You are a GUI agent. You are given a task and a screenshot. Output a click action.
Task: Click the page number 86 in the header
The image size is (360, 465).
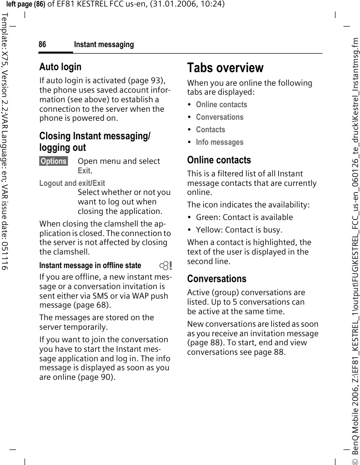click(x=43, y=45)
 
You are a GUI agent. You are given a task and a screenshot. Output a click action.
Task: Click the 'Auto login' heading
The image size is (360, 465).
click(x=60, y=67)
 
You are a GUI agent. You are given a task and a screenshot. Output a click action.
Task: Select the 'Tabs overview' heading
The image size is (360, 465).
click(x=225, y=68)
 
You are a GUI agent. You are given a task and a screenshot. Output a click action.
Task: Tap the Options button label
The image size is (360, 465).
click(x=54, y=161)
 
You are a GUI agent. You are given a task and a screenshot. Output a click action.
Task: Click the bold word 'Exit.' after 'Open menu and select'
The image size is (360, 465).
click(x=85, y=171)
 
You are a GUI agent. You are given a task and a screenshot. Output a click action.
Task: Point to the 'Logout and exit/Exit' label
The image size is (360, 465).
click(x=72, y=183)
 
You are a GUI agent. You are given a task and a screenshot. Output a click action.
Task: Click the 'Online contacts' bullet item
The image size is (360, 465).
click(x=221, y=105)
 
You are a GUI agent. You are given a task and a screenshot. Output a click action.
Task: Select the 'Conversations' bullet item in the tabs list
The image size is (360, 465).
click(x=219, y=117)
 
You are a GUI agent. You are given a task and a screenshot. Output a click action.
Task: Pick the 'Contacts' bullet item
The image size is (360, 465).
click(x=210, y=130)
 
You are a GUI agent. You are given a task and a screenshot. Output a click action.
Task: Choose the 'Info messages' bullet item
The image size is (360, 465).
click(x=219, y=142)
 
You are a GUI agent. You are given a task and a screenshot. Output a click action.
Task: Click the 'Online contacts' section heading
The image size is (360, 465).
click(x=219, y=160)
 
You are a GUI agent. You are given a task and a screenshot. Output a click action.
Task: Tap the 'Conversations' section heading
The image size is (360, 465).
click(x=216, y=279)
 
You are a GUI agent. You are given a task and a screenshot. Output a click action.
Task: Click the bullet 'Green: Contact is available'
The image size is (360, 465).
click(x=244, y=217)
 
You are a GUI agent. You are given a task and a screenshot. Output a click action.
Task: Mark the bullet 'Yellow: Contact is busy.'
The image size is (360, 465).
click(x=239, y=230)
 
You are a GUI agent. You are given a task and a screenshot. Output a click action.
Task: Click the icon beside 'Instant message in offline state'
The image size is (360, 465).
click(x=164, y=266)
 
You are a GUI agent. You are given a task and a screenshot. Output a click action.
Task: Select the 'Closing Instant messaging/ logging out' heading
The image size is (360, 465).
click(x=94, y=142)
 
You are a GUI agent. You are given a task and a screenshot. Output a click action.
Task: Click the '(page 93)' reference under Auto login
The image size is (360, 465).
click(x=148, y=80)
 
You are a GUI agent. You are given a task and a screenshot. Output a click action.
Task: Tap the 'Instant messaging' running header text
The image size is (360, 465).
click(x=104, y=45)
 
